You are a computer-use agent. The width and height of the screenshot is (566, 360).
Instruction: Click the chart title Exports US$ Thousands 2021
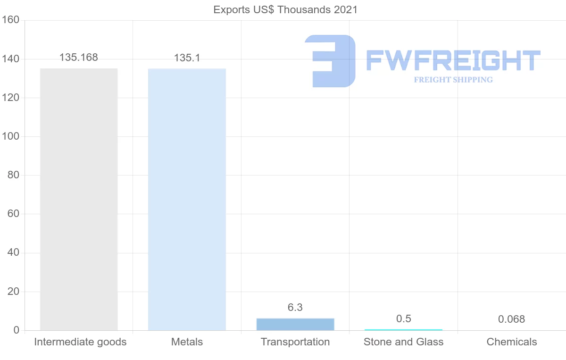tap(285, 9)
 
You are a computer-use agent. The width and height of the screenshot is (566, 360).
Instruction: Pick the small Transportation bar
tap(295, 324)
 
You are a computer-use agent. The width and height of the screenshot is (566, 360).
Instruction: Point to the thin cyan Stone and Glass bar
tap(403, 330)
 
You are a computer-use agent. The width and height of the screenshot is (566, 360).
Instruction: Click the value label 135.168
tap(79, 58)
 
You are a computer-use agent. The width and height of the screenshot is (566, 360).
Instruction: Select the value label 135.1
tap(187, 58)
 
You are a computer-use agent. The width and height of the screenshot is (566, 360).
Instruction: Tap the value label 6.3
tap(295, 308)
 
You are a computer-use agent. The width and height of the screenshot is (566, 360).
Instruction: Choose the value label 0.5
tap(403, 319)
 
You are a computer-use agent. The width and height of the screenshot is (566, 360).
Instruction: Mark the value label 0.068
tap(511, 319)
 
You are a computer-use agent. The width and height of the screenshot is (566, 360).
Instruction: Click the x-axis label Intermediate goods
tap(80, 342)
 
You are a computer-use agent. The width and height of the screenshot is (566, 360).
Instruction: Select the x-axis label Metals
tap(187, 342)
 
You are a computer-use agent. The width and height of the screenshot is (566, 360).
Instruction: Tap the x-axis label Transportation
tap(295, 342)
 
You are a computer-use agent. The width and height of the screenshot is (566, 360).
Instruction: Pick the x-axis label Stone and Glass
tap(403, 342)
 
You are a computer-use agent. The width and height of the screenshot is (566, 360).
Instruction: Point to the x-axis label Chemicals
tap(512, 342)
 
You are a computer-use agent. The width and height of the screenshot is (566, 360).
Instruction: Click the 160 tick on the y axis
tap(10, 20)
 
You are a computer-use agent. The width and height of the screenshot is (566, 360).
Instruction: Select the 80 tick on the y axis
tap(13, 176)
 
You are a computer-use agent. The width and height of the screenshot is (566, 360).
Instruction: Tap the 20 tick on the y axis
tap(13, 292)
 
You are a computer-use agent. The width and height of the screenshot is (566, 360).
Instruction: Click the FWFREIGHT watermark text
tap(453, 60)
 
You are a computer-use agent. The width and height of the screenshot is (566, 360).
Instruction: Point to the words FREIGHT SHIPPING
tap(453, 80)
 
